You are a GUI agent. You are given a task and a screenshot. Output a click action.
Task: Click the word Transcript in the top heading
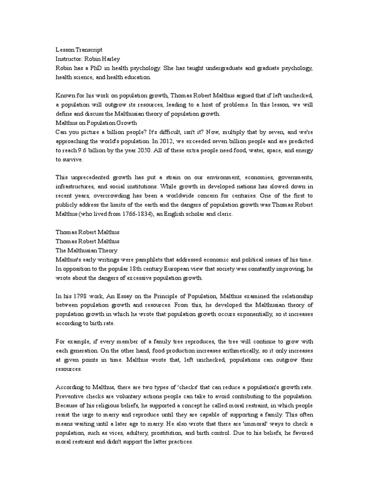(89, 49)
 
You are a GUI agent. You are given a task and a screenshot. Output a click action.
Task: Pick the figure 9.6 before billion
(75, 150)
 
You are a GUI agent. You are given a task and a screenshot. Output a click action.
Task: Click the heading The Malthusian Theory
(86, 251)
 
